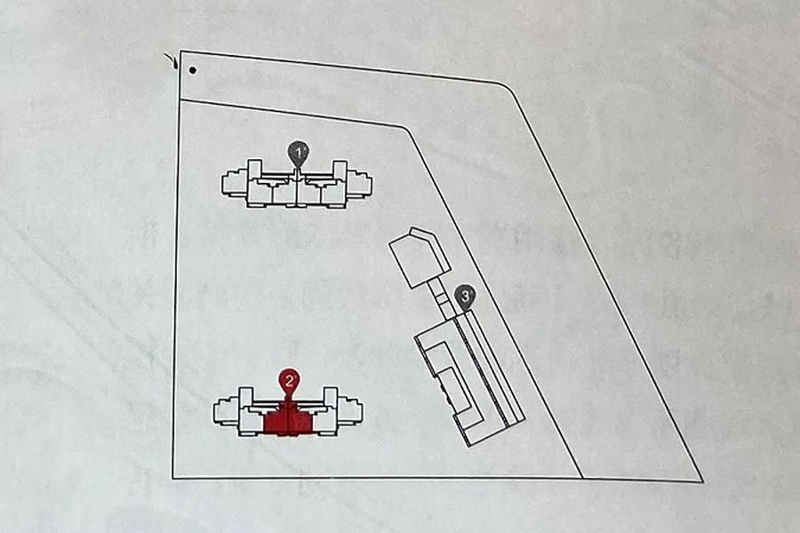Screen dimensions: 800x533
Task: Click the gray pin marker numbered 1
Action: [x=298, y=153]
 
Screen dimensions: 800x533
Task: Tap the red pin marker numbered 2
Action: [x=289, y=381]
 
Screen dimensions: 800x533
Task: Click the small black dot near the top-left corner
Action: [x=192, y=70]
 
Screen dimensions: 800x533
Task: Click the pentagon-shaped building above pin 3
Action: [x=420, y=258]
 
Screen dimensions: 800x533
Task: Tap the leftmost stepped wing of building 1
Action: [x=234, y=184]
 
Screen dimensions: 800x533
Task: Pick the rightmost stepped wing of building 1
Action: [x=359, y=185]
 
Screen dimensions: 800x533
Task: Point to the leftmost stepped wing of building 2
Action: [x=227, y=411]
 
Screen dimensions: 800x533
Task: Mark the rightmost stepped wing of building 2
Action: [x=350, y=411]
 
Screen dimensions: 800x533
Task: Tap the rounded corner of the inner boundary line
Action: [x=405, y=129]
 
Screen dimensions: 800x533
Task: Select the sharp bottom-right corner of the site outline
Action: [x=703, y=481]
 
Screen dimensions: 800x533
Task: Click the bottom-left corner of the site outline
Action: [x=173, y=478]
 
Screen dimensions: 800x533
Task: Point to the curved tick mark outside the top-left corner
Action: [x=172, y=60]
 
